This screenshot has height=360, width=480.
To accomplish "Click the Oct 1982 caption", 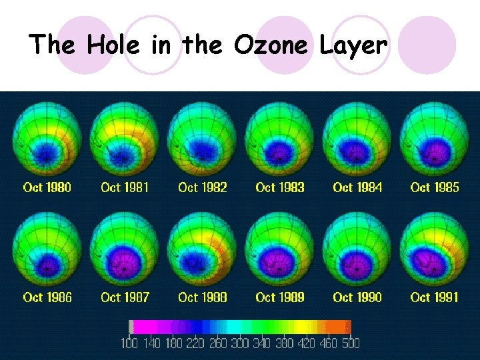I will click(x=202, y=187).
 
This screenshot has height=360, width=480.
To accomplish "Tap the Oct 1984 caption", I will click(x=357, y=187).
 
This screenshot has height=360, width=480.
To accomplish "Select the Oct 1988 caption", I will click(x=202, y=297).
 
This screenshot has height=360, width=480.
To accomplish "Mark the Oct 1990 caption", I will click(x=357, y=297).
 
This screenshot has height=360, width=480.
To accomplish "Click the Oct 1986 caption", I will click(x=47, y=297).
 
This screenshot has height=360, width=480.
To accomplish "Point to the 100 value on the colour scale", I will click(x=129, y=343).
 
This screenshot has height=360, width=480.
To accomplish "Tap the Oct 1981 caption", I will click(x=125, y=187).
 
